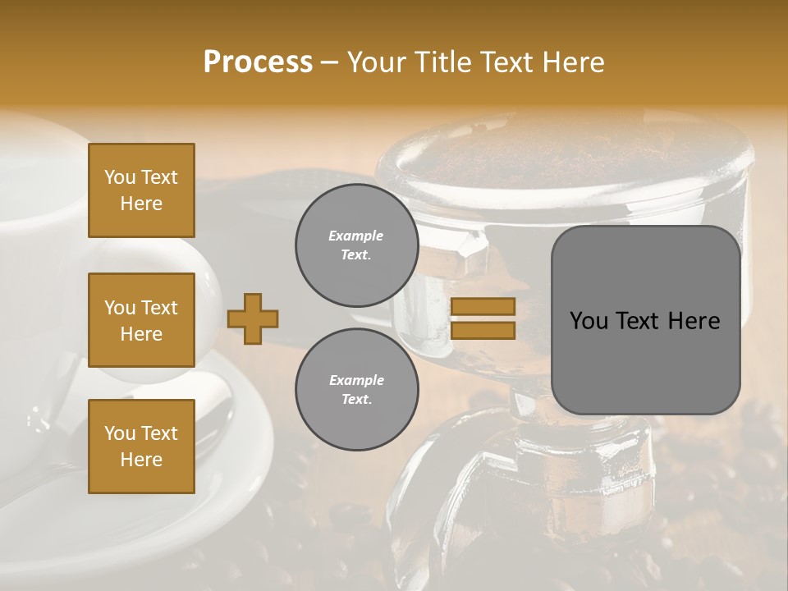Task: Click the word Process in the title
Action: (x=258, y=62)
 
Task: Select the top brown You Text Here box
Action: (x=141, y=190)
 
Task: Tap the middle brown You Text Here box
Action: (x=141, y=320)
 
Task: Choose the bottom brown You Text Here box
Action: (x=141, y=446)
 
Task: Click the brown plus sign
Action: (x=253, y=318)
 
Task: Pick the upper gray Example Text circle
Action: (x=356, y=245)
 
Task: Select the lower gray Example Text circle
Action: (x=356, y=390)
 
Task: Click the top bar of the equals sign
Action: (x=483, y=307)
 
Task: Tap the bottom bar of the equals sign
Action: (x=483, y=331)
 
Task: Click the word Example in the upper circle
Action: (x=356, y=236)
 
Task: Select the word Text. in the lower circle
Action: (x=356, y=400)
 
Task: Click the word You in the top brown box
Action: (x=119, y=177)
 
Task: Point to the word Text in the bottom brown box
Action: (x=159, y=433)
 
